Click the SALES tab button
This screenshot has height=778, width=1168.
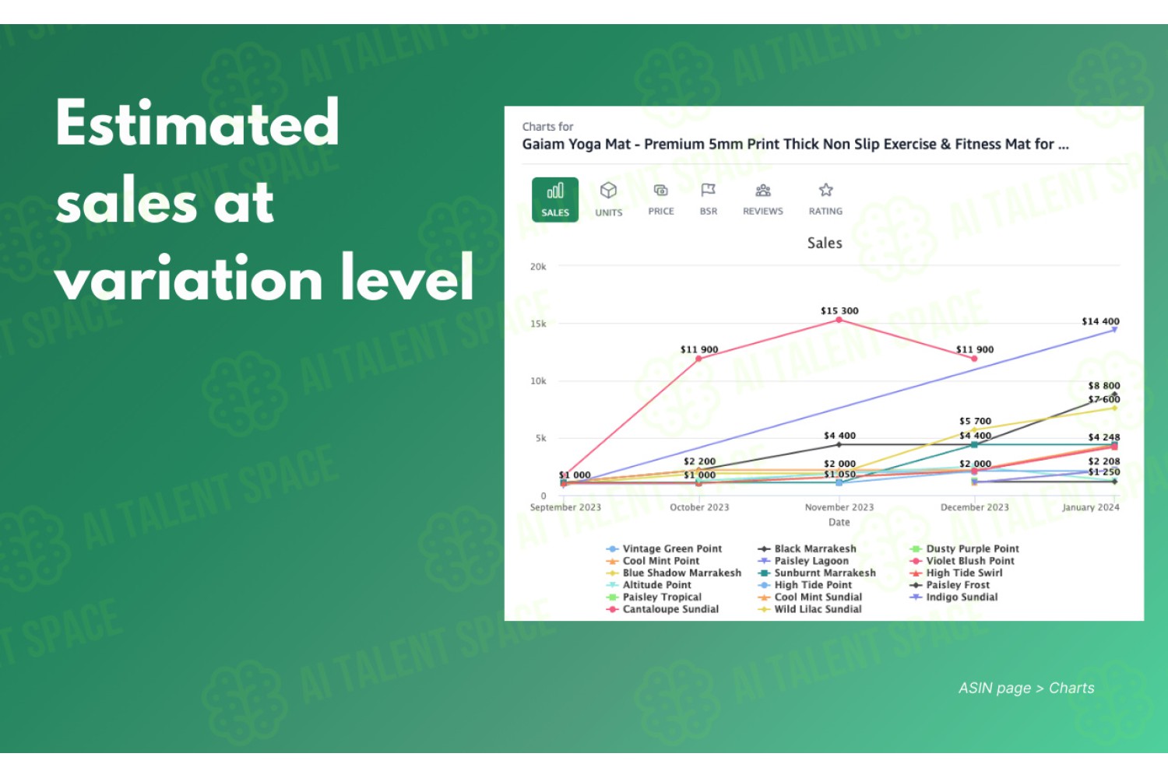click(x=554, y=200)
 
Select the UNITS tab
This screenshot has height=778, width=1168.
click(x=608, y=200)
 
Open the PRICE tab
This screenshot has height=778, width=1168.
click(x=660, y=200)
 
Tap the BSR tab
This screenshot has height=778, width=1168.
click(x=708, y=200)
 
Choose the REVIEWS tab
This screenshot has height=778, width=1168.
click(x=763, y=200)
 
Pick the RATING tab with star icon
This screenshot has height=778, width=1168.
click(x=825, y=200)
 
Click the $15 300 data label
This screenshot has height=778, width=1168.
click(x=839, y=310)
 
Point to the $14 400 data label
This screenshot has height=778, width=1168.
click(x=1100, y=321)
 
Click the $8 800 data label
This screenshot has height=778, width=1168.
click(x=1104, y=386)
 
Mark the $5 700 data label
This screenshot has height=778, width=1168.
click(x=975, y=421)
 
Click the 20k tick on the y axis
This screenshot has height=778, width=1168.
click(x=538, y=267)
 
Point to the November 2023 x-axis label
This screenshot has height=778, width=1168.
click(x=839, y=507)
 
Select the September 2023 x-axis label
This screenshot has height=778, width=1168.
click(x=565, y=507)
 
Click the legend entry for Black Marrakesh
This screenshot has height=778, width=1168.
click(x=807, y=548)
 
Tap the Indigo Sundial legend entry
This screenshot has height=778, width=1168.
click(x=954, y=598)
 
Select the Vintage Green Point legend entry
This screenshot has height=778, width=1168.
click(x=663, y=548)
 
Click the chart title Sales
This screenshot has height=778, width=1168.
click(x=825, y=243)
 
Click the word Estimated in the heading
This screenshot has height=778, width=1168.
click(x=197, y=123)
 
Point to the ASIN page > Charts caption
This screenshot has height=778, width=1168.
click(x=1026, y=688)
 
